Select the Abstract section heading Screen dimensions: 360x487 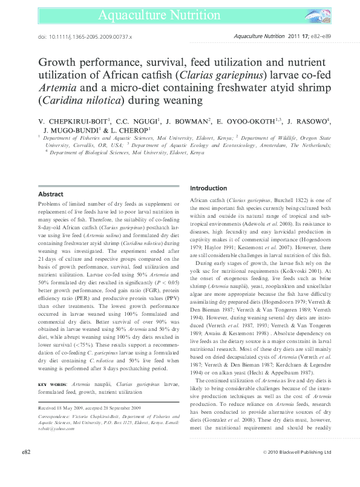click(x=50, y=194)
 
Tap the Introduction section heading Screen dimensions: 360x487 click(x=209, y=188)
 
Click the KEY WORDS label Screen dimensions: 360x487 click(x=53, y=384)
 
